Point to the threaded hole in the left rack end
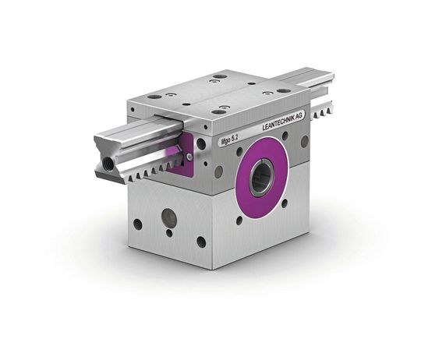105,166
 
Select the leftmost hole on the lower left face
138,224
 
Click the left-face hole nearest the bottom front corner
200,242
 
